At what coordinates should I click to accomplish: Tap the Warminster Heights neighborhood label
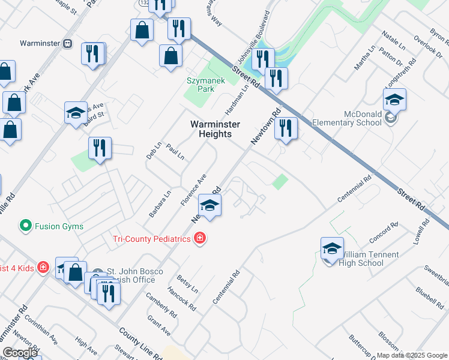coord(215,129)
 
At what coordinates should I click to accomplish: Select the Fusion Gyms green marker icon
coord(25,226)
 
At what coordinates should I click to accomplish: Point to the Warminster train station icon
coord(68,43)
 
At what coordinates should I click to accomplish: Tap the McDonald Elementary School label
coord(363,118)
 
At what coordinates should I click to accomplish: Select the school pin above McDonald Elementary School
coord(394,100)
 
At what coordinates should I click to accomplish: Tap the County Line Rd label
coord(140,344)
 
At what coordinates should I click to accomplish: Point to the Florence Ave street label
coord(193,190)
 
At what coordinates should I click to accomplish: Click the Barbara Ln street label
coord(160,203)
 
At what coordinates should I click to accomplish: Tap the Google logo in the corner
coord(20,353)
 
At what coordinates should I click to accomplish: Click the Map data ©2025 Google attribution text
coord(411,355)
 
